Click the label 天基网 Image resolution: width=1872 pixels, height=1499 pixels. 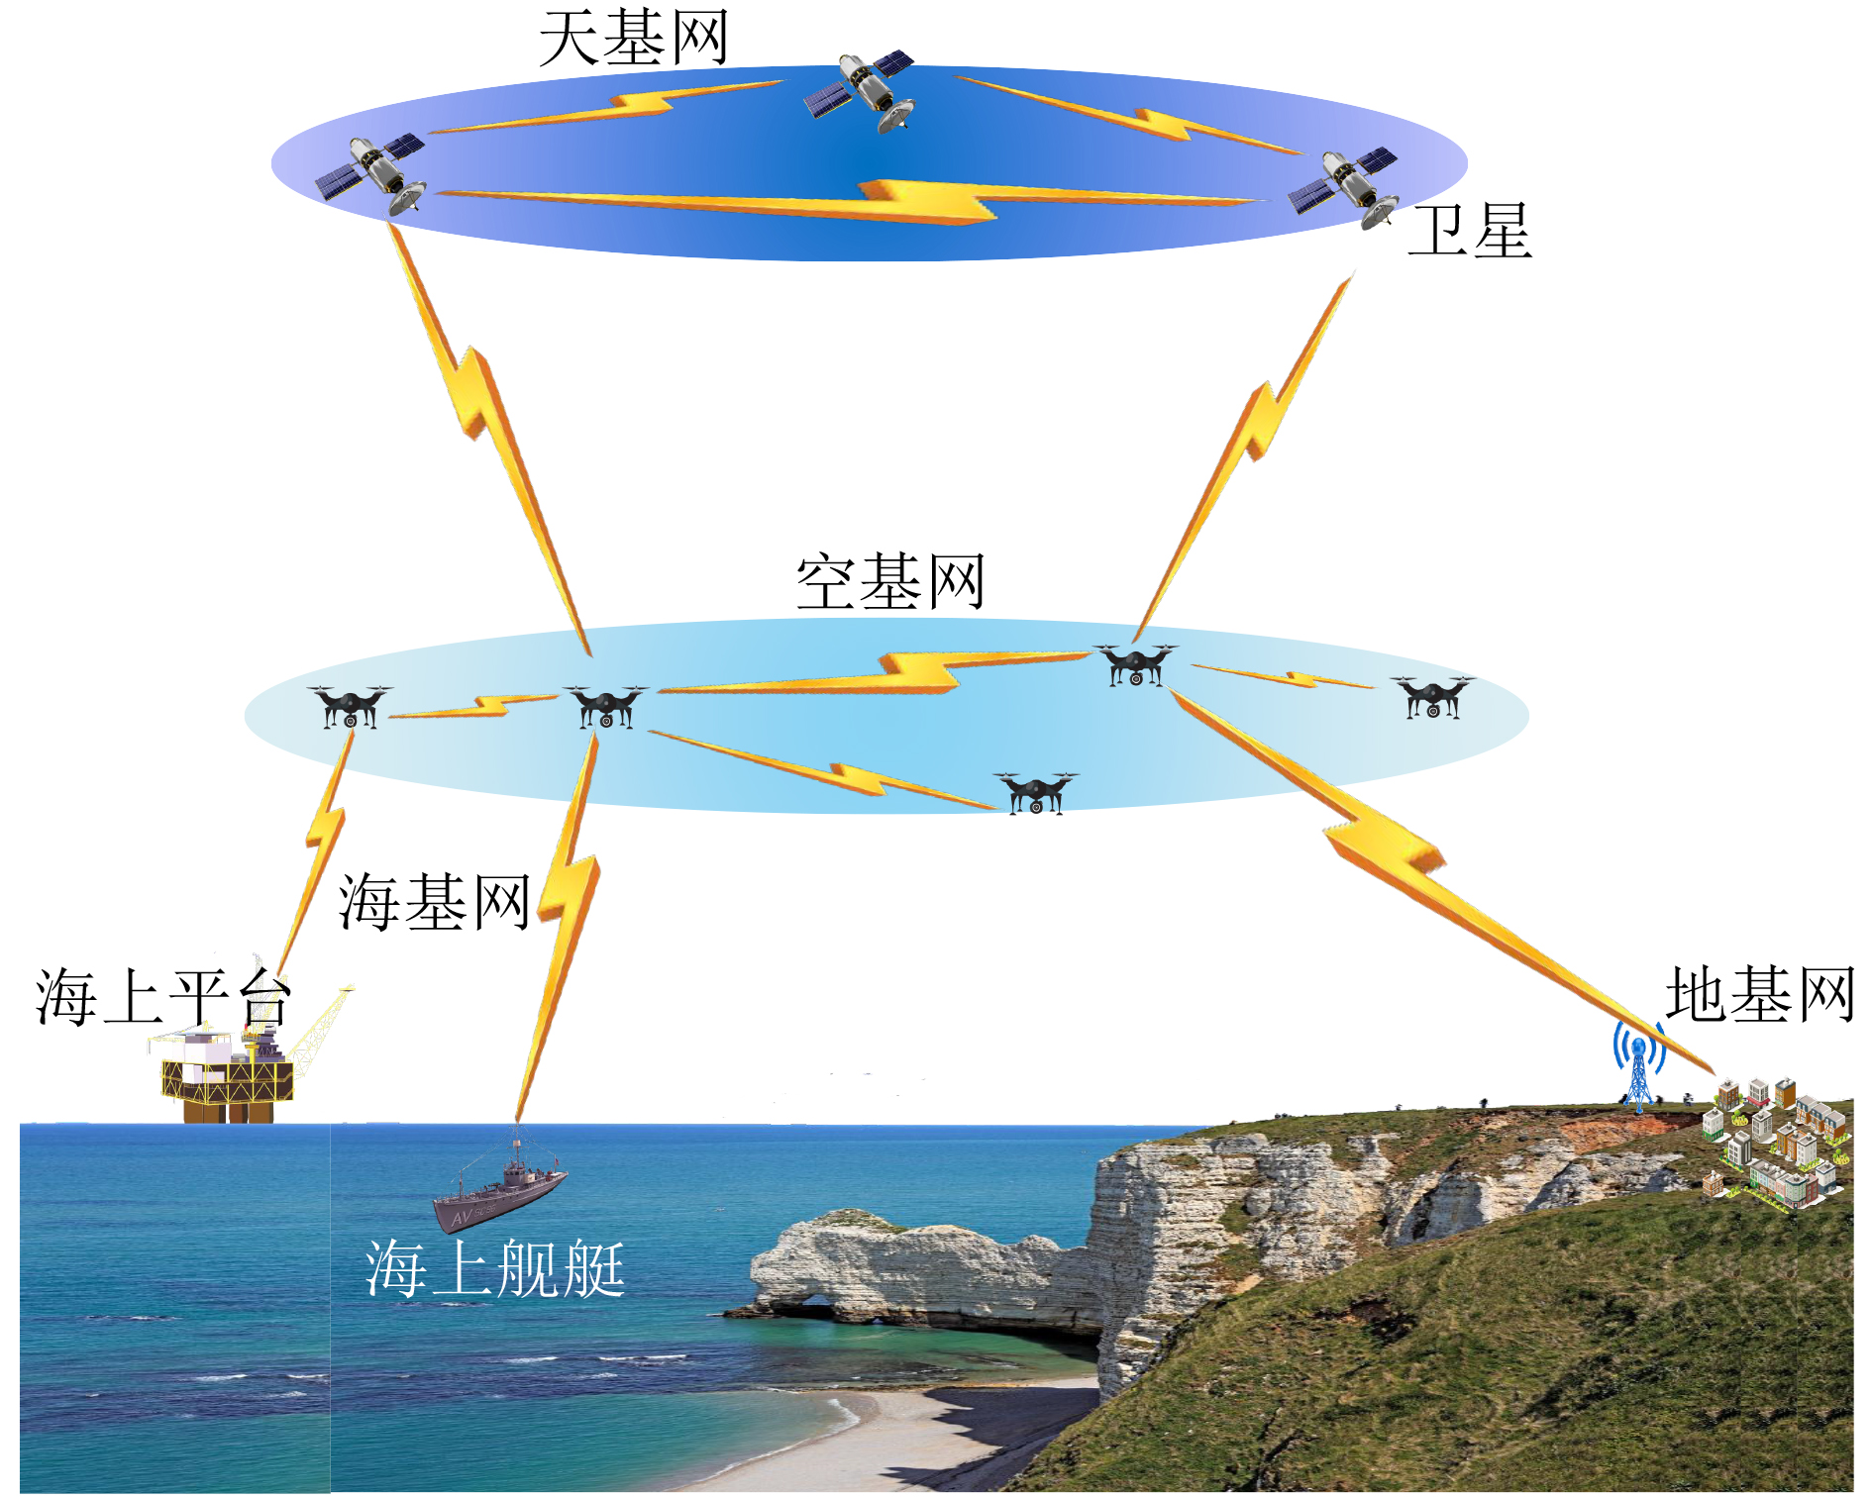pos(634,38)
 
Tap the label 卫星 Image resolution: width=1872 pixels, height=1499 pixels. pos(1470,231)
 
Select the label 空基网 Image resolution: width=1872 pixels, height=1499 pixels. pos(890,581)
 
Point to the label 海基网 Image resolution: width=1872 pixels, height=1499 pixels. pos(435,902)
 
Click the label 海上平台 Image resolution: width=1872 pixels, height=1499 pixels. pos(163,996)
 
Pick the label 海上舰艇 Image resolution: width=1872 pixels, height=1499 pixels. pos(495,1268)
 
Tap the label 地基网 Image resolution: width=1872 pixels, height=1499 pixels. pos(1760,994)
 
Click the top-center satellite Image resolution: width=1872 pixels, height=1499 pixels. pos(859,91)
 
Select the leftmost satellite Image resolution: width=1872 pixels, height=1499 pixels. pos(370,173)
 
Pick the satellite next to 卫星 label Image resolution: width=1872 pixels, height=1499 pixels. pos(1343,186)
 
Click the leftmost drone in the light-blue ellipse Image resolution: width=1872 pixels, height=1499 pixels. pos(350,706)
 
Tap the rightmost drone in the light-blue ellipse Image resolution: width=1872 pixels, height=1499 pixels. pos(1432,696)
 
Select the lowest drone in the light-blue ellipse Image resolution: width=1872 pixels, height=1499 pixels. pos(1036,792)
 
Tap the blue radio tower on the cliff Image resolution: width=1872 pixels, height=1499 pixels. pos(1639,1064)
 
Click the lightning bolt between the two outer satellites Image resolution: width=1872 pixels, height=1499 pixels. pos(852,201)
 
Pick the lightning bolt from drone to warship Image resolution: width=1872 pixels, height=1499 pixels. pos(561,926)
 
